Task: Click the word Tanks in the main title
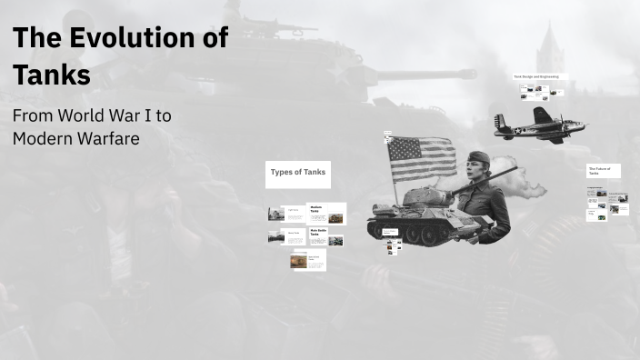pyautogui.click(x=52, y=75)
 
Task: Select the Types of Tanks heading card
pyautogui.click(x=297, y=174)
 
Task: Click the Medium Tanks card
pyautogui.click(x=325, y=214)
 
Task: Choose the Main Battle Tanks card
pyautogui.click(x=325, y=238)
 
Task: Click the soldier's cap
pyautogui.click(x=478, y=158)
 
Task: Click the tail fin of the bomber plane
pyautogui.click(x=499, y=122)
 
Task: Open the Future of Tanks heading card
pyautogui.click(x=603, y=171)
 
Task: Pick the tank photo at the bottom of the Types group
pyautogui.click(x=298, y=261)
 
